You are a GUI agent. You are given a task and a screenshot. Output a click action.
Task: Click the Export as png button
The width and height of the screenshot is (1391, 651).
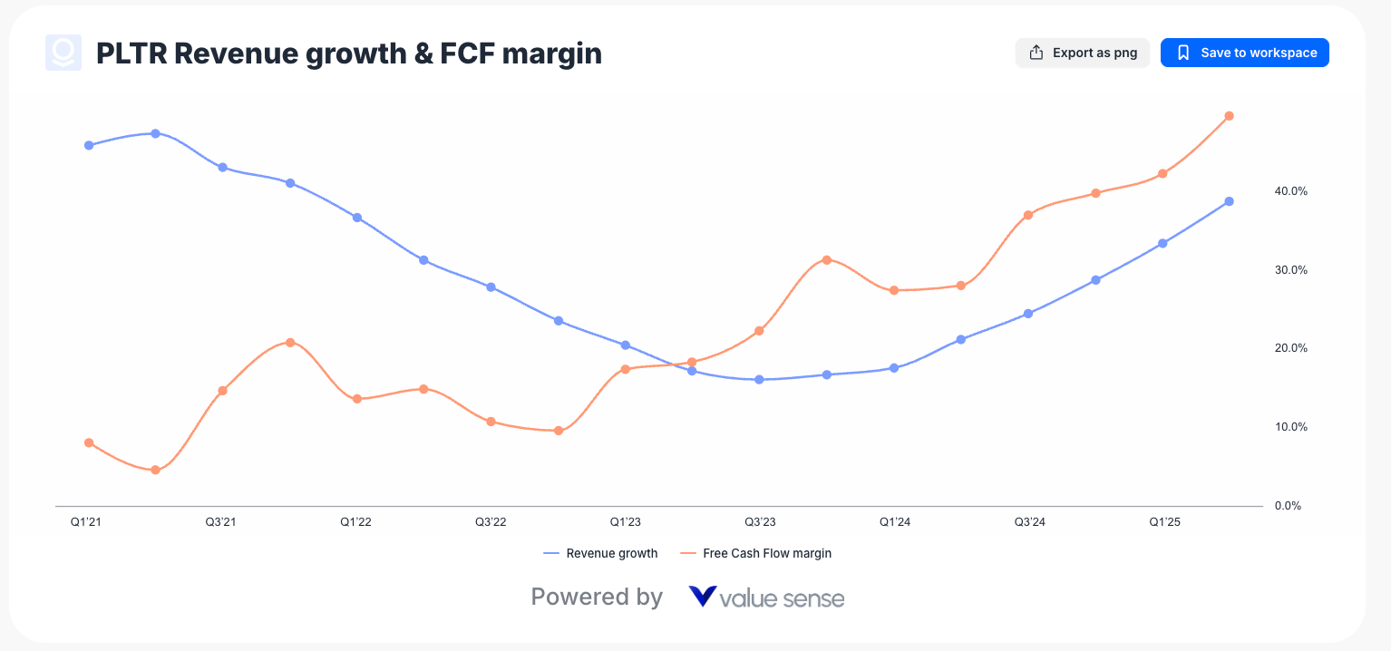(x=1082, y=53)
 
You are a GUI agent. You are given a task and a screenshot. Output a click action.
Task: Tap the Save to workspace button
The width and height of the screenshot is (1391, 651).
(x=1245, y=53)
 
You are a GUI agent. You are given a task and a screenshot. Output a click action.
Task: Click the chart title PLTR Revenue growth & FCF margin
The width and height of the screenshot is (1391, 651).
(x=349, y=53)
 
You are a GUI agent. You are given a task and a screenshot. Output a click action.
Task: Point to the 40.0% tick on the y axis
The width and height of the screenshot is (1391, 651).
(x=1290, y=191)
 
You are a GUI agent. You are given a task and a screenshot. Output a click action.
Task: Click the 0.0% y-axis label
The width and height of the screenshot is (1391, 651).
(x=1288, y=506)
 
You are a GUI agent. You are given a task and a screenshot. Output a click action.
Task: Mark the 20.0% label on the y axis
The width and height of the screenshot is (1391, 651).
(x=1290, y=348)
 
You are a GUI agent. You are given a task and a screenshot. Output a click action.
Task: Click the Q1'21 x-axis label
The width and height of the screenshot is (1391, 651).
(x=86, y=522)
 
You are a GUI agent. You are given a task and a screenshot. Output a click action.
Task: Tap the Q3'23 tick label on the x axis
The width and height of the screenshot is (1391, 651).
(x=760, y=522)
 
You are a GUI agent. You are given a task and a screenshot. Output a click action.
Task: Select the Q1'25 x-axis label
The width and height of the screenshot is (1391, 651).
(x=1164, y=522)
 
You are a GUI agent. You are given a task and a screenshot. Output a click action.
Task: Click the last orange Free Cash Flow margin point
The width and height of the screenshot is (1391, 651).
(x=1229, y=116)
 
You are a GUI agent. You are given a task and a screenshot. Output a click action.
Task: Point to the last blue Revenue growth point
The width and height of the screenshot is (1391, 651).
(x=1229, y=201)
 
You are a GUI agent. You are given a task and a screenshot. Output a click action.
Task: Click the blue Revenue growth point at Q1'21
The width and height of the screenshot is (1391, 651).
(x=89, y=145)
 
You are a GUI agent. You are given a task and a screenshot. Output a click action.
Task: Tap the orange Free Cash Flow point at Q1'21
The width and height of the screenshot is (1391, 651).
(x=89, y=442)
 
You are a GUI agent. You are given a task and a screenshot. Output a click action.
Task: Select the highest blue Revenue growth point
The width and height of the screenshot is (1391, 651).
(x=155, y=133)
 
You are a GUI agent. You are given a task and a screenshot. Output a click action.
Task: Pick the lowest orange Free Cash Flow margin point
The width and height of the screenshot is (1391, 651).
(x=155, y=470)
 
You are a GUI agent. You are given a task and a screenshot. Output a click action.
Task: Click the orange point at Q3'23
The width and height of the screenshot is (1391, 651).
(x=759, y=331)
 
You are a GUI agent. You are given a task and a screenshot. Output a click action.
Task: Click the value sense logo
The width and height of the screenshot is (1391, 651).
(x=766, y=598)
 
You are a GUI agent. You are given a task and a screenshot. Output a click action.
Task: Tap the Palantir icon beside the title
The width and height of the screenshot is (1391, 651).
(x=63, y=53)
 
